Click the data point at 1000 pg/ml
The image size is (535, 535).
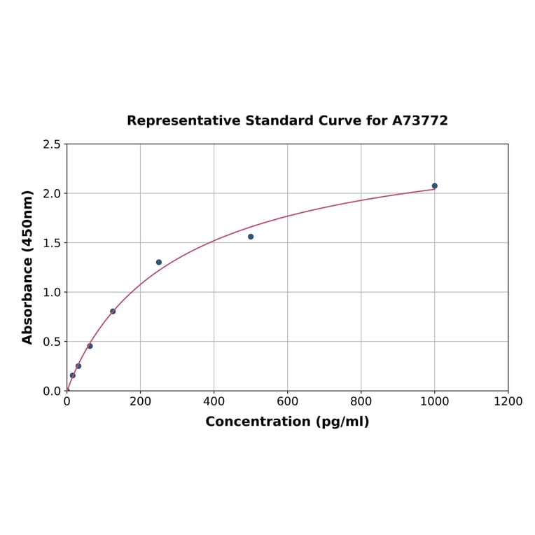click(x=434, y=186)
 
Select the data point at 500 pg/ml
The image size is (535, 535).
click(x=251, y=237)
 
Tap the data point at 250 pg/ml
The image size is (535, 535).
click(x=159, y=262)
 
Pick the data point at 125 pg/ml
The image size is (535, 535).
click(x=113, y=311)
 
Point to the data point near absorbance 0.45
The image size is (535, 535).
click(x=90, y=346)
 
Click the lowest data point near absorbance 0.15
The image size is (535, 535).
click(x=72, y=375)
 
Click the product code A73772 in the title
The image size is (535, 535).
click(x=419, y=120)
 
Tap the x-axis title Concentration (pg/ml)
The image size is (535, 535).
click(x=287, y=422)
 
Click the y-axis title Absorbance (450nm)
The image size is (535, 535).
click(x=28, y=267)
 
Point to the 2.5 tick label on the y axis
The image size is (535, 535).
click(x=52, y=144)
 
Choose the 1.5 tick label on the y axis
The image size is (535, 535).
click(x=52, y=243)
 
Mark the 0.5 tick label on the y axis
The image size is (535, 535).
click(x=52, y=342)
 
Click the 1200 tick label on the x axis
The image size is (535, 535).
click(x=508, y=401)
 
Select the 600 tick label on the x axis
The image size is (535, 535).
click(x=287, y=401)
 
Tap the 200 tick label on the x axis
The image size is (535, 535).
click(x=140, y=401)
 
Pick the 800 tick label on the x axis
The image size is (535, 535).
click(x=361, y=401)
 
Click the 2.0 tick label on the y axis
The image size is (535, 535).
click(x=52, y=193)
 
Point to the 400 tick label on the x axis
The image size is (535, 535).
click(x=214, y=401)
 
